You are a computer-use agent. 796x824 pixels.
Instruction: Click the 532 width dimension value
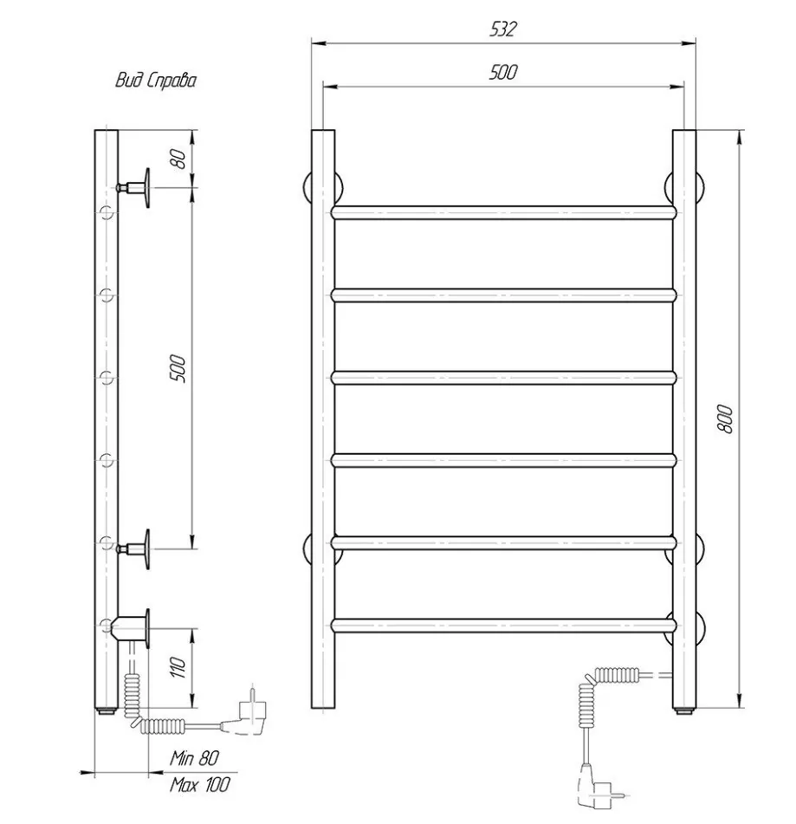[x=503, y=29]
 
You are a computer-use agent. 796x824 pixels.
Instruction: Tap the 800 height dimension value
[x=725, y=418]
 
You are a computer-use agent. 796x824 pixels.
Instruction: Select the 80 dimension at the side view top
[x=178, y=159]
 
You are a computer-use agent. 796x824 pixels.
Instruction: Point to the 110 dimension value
[x=178, y=667]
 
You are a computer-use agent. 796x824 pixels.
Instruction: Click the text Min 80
[x=194, y=758]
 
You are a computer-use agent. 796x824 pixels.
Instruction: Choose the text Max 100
[x=200, y=785]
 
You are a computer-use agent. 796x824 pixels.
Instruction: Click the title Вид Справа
[x=156, y=81]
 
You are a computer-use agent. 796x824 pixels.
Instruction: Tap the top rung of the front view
[x=503, y=212]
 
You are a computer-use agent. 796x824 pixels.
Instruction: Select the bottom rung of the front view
[x=503, y=626]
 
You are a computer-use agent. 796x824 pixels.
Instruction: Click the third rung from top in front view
[x=503, y=378]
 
